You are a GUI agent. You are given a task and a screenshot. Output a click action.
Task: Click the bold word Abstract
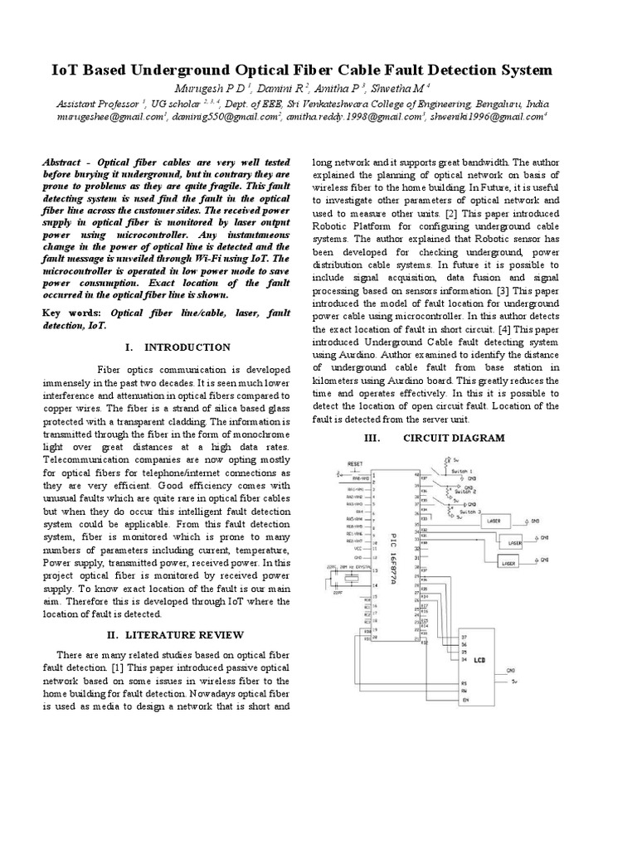(65, 163)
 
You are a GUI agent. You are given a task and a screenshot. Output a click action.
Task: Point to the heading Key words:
(73, 313)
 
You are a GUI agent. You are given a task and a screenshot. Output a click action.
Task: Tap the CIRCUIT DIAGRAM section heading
(453, 438)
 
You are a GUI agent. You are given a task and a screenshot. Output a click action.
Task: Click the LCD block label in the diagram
(478, 661)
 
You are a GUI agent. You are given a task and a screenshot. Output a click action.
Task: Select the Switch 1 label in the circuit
(462, 470)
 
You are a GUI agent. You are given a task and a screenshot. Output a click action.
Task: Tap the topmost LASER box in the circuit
(496, 522)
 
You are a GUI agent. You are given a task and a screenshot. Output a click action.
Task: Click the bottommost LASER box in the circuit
(508, 563)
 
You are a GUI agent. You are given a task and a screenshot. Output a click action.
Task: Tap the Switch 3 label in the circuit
(469, 512)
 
